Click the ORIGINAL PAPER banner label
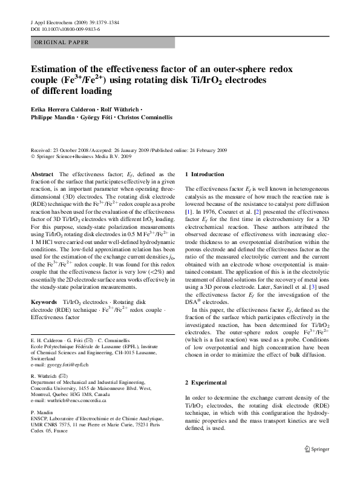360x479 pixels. point(61,42)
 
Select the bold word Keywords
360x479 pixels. point(43,284)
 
